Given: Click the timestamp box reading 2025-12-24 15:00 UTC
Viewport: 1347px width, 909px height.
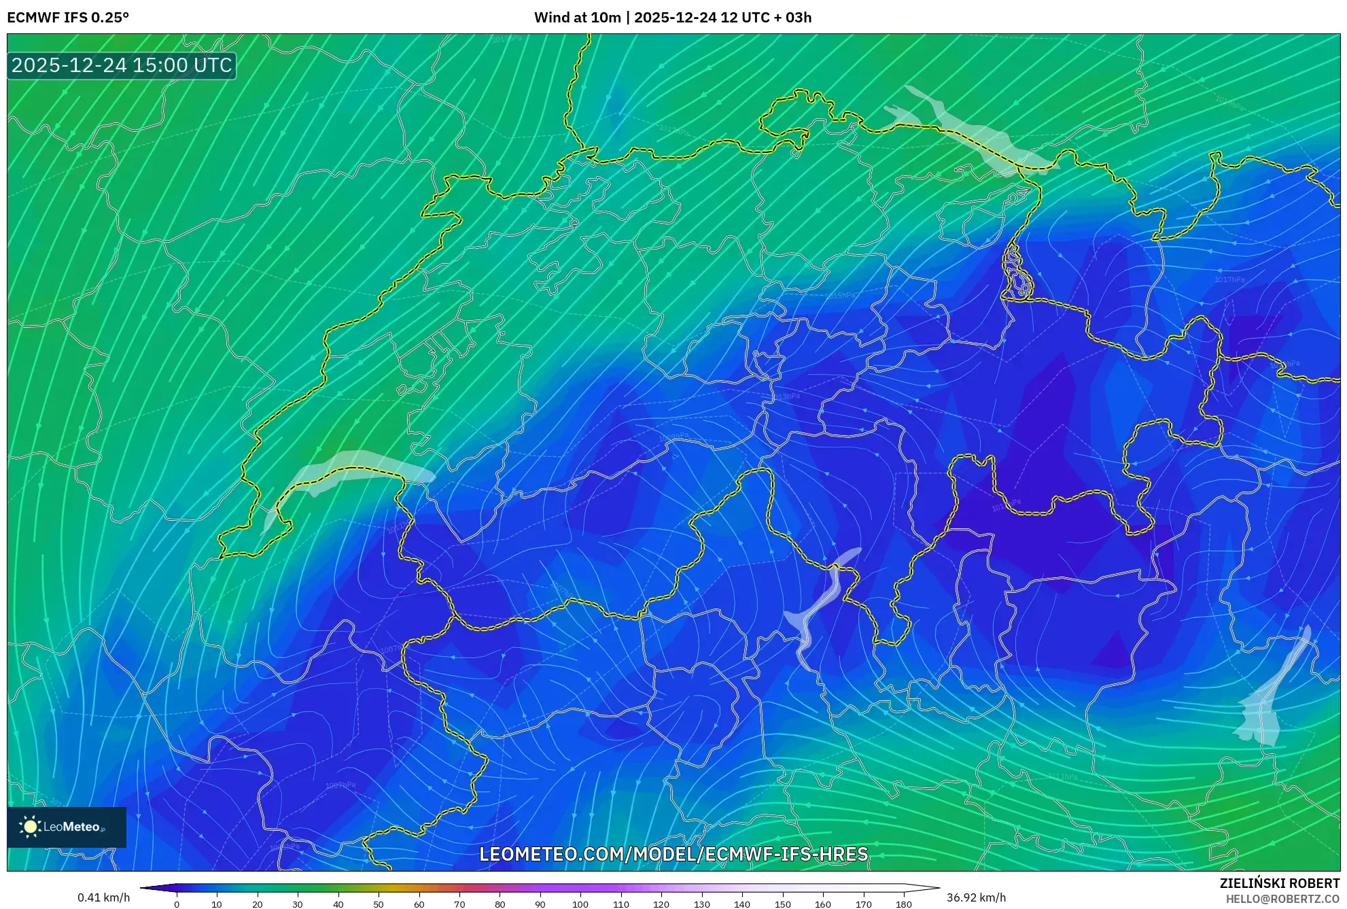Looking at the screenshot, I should point(122,65).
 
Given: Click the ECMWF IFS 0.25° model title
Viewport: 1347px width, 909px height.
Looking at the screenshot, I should point(68,18).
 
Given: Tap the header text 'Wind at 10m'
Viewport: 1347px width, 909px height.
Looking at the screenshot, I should point(577,18).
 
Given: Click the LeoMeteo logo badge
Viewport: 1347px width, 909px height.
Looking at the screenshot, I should point(67,827).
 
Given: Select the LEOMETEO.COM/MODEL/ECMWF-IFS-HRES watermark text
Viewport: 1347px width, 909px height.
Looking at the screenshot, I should point(673,854).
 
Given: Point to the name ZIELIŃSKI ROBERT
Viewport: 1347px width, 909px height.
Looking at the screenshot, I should point(1279,883).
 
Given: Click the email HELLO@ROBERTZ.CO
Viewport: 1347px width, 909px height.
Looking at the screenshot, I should point(1282,899).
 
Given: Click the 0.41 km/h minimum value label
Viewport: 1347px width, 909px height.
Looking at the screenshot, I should point(103,897).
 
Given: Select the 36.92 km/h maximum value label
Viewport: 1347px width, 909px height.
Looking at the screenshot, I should point(976,897).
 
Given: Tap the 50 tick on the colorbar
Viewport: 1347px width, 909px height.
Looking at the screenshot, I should point(379,904).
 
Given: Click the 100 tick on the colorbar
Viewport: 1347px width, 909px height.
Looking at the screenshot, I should point(580,904).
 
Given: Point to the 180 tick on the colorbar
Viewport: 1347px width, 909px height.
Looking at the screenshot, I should point(903,904).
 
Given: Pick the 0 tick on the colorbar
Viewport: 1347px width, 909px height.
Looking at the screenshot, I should point(177,904).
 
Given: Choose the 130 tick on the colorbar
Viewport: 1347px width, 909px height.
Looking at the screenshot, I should point(701,904).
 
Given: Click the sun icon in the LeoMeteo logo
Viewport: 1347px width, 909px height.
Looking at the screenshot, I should point(30,827).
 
